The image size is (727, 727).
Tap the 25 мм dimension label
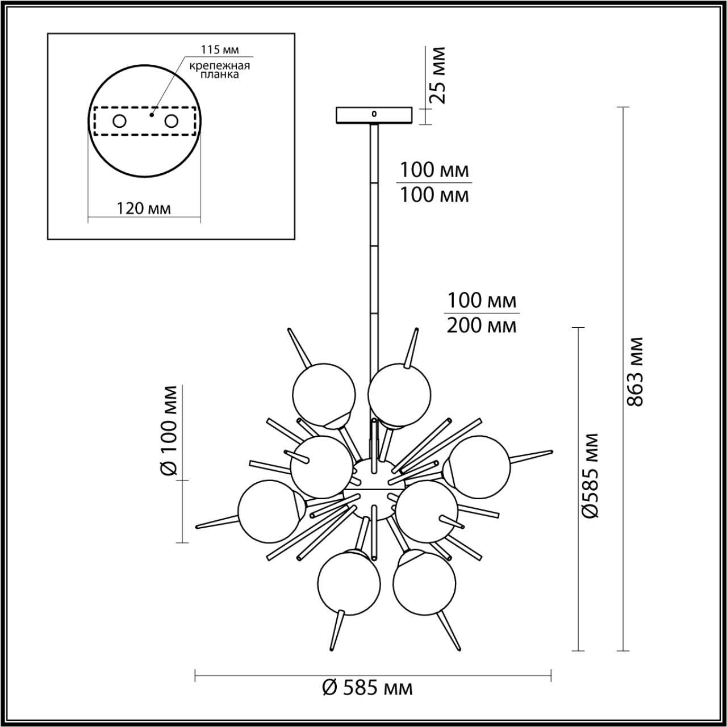pos(437,75)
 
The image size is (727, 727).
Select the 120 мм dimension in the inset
pos(144,208)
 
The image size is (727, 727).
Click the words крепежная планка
pos(220,70)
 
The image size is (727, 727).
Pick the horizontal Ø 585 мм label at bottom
pos(367,688)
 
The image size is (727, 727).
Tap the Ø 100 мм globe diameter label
pos(170,430)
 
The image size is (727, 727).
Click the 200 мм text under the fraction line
pos(482,326)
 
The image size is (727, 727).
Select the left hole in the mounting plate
pos(119,121)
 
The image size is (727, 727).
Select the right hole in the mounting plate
pos(171,121)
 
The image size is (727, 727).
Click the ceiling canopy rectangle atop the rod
pos(373,115)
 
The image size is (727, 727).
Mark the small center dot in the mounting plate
pos(152,115)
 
